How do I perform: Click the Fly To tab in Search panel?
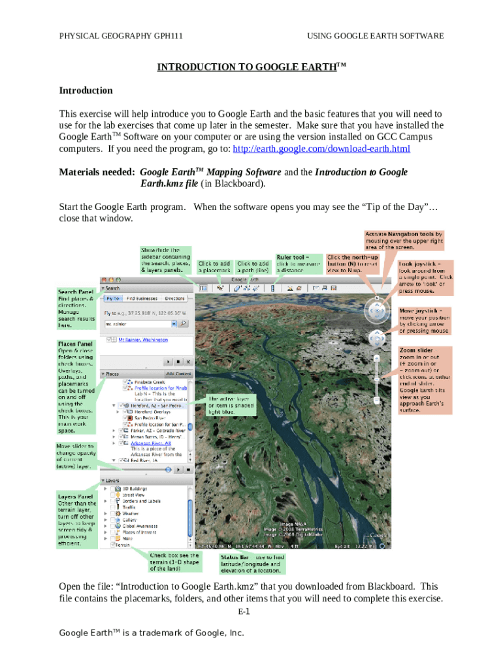pyautogui.click(x=112, y=298)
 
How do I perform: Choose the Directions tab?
pyautogui.click(x=174, y=298)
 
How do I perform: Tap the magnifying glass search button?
pyautogui.click(x=184, y=323)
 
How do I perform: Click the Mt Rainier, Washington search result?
pyautogui.click(x=142, y=340)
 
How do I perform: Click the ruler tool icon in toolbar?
pyautogui.click(x=272, y=288)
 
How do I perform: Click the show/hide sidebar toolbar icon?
pyautogui.click(x=203, y=288)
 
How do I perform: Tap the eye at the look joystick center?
pyautogui.click(x=376, y=311)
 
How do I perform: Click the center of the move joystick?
pyautogui.click(x=376, y=338)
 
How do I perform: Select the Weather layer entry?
pyautogui.click(x=131, y=513)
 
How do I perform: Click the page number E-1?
pyautogui.click(x=244, y=612)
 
